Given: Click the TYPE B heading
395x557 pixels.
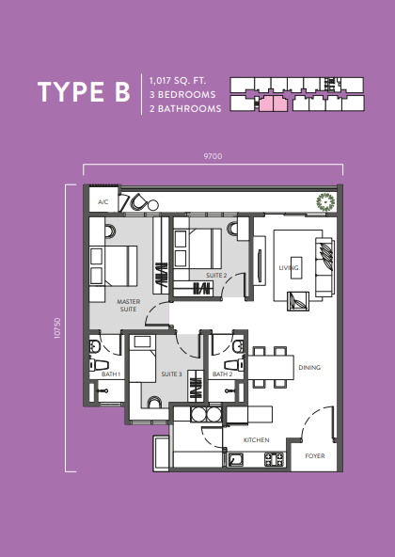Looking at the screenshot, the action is point(84,92).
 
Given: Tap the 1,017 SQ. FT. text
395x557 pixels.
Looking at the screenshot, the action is point(178,81).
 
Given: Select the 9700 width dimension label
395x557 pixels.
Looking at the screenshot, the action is point(213,156).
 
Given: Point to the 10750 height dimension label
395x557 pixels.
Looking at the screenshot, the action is point(57,328).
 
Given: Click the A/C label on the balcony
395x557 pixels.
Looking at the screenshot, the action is point(103,202).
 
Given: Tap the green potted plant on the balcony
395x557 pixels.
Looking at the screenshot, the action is point(325,201).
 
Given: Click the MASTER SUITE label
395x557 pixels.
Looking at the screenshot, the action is point(128,306).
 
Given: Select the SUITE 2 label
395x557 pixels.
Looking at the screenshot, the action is point(216,276).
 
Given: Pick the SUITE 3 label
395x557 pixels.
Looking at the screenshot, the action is point(171,374).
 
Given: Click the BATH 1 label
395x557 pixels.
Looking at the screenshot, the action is point(111,374).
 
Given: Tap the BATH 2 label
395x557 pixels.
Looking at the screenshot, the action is point(222,374).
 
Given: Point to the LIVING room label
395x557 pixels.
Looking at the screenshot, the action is point(289,268).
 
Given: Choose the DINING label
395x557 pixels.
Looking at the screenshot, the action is point(309,368).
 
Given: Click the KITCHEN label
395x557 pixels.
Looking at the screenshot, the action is point(256,440).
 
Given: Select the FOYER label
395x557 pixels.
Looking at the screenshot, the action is point(315,455).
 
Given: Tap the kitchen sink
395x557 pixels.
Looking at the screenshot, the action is point(235,460).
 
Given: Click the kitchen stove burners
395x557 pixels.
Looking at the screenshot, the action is point(275,459).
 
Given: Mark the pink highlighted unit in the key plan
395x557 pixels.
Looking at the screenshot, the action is point(273,103).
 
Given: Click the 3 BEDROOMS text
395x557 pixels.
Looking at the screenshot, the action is point(182,95).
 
